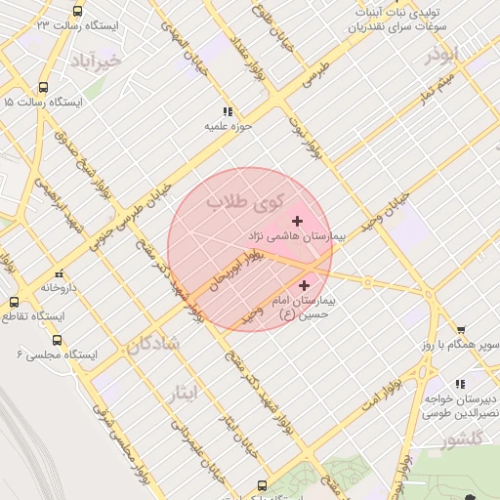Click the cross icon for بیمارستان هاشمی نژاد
pos(297,222)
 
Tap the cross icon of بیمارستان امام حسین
pos(306,285)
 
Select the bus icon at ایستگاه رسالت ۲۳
pos(77,11)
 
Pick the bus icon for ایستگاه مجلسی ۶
pos(58,340)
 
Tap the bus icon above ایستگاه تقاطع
pos(14,302)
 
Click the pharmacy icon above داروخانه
pos(60,273)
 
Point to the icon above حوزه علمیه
pos(228,111)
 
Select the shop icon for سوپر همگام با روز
pos(460,330)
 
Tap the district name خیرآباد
pos(97,62)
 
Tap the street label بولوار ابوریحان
pos(230,272)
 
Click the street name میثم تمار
pos(437,92)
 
